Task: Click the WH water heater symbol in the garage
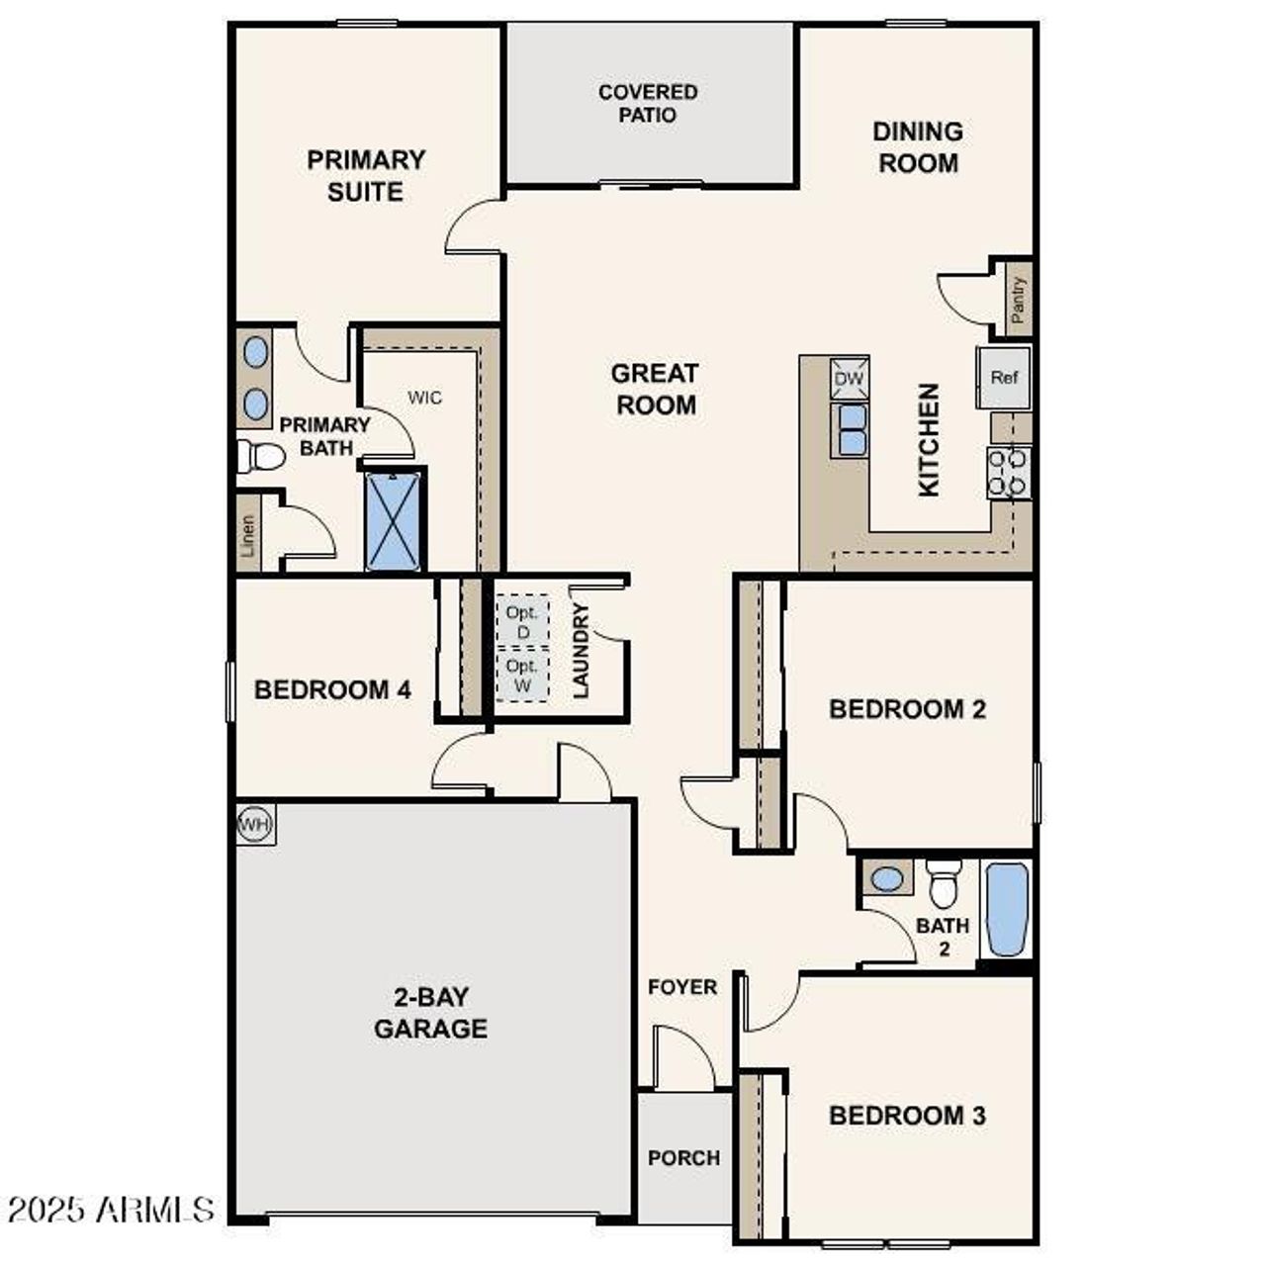pos(255,824)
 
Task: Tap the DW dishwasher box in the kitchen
pos(850,378)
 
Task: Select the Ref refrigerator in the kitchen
pos(1004,377)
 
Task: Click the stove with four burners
pos(1009,472)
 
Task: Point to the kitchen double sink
pos(851,430)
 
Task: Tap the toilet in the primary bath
pos(261,457)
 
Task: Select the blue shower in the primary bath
pos(393,520)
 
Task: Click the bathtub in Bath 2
pos(1007,909)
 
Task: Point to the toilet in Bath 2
pos(944,884)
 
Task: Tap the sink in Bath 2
pos(887,877)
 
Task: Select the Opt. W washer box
pos(522,675)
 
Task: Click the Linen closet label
pos(248,535)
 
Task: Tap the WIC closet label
pos(425,398)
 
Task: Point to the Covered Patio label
pos(649,104)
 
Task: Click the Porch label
pos(683,1157)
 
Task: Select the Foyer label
pos(682,987)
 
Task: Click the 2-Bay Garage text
pos(430,1013)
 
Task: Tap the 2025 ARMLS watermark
pos(111,1209)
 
